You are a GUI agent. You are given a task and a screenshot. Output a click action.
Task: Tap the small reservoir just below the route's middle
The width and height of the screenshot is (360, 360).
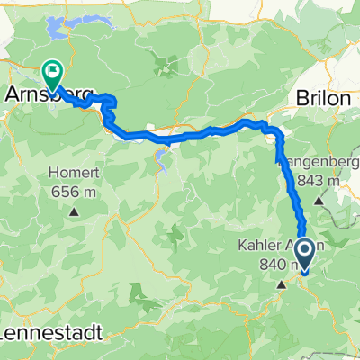click(x=162, y=160)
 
